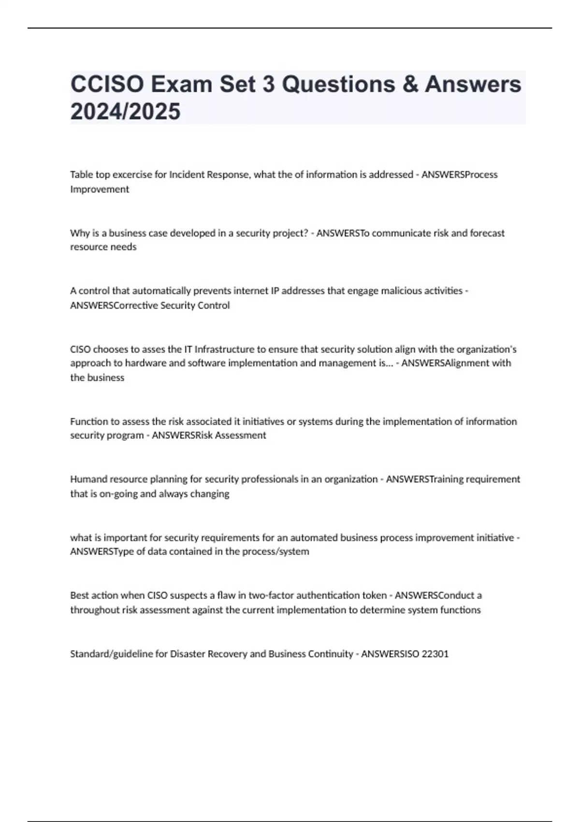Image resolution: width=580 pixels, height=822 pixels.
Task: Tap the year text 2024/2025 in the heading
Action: tap(125, 111)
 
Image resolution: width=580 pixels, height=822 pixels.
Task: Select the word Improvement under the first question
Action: tap(100, 189)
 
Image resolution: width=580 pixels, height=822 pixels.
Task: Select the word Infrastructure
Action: tap(222, 349)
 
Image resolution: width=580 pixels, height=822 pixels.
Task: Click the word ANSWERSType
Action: tap(101, 552)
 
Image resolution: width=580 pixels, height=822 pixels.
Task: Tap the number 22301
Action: tap(435, 654)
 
